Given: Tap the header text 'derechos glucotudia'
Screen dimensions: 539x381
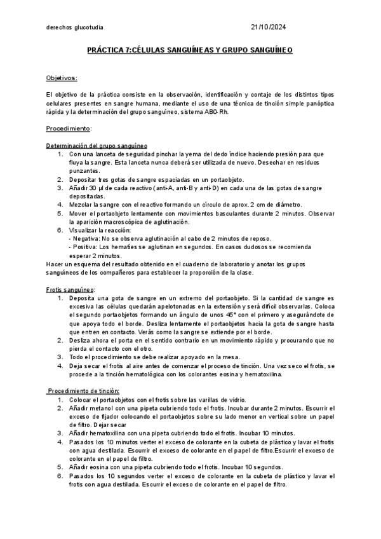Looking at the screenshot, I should click(x=76, y=27).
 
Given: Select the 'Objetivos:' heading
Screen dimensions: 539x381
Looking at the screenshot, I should click(x=62, y=78).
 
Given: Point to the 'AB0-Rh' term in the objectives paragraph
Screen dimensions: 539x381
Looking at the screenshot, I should click(x=215, y=112).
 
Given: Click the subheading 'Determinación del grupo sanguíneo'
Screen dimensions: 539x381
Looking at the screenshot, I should click(x=97, y=146).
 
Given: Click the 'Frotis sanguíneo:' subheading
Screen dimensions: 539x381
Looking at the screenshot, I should click(x=67, y=289).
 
